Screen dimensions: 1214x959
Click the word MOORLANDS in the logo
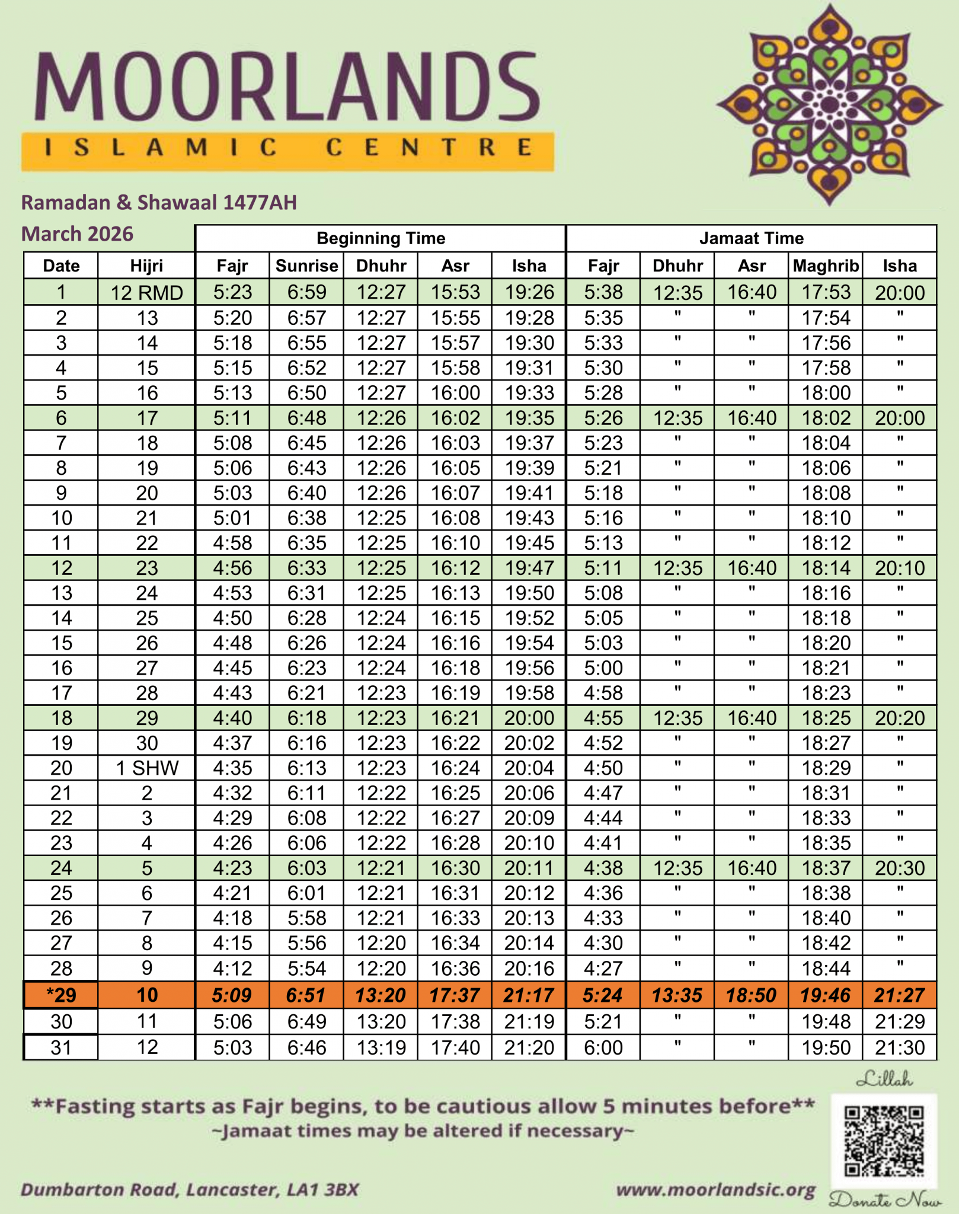click(287, 87)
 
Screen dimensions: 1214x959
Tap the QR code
click(884, 1140)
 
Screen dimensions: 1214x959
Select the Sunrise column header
click(306, 266)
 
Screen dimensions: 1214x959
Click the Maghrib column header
click(826, 266)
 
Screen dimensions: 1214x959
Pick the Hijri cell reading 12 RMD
click(146, 292)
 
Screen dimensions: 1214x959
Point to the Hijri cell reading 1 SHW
click(146, 768)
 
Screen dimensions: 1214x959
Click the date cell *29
click(61, 995)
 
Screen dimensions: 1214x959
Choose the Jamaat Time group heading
click(751, 238)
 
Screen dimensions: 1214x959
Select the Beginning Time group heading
click(381, 238)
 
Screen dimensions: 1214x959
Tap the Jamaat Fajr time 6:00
click(603, 1047)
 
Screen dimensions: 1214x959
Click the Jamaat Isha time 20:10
click(899, 568)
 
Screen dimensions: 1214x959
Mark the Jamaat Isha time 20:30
click(899, 868)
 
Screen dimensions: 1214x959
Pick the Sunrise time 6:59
click(306, 292)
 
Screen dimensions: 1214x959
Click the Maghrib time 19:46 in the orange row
click(826, 995)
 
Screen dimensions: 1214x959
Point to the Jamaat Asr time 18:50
click(751, 995)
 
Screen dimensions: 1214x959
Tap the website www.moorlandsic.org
click(716, 1190)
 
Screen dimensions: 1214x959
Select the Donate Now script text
click(885, 1201)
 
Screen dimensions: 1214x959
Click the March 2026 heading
click(78, 234)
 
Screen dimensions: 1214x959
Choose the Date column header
click(61, 266)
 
